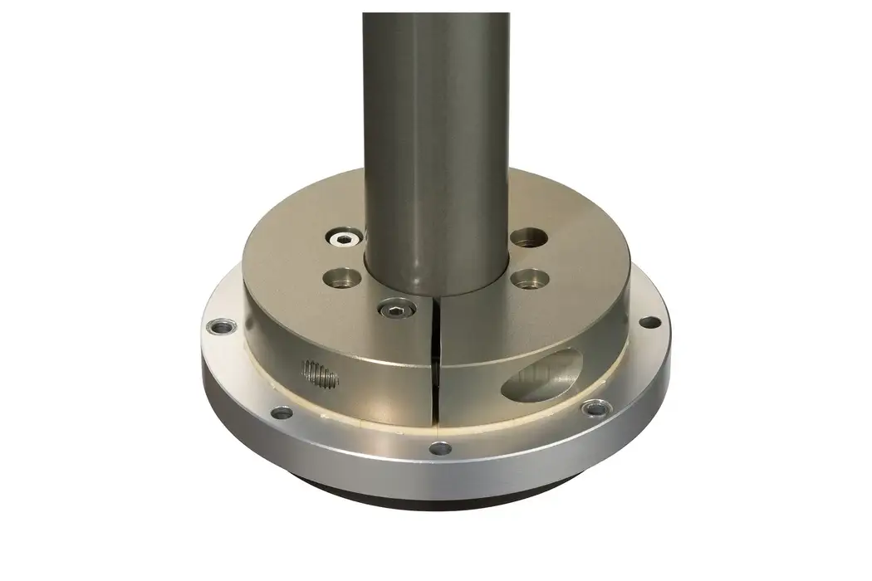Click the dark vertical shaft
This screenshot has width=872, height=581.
435,124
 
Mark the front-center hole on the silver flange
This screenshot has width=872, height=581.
440,449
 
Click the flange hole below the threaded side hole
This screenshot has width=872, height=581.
282,412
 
